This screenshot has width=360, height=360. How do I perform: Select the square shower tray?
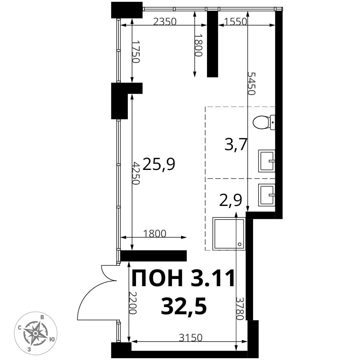(229, 233)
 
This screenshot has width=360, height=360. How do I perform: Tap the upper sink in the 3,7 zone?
(266, 161)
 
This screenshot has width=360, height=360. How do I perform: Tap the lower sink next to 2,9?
(266, 195)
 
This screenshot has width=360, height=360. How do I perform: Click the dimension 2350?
(165, 22)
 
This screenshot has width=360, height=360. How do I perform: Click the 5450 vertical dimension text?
(251, 83)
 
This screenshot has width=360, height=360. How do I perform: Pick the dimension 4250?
(135, 173)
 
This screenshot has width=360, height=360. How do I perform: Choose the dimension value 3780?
(240, 309)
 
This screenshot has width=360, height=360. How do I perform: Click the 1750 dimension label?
(135, 51)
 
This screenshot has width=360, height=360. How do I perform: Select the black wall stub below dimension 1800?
(154, 256)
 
